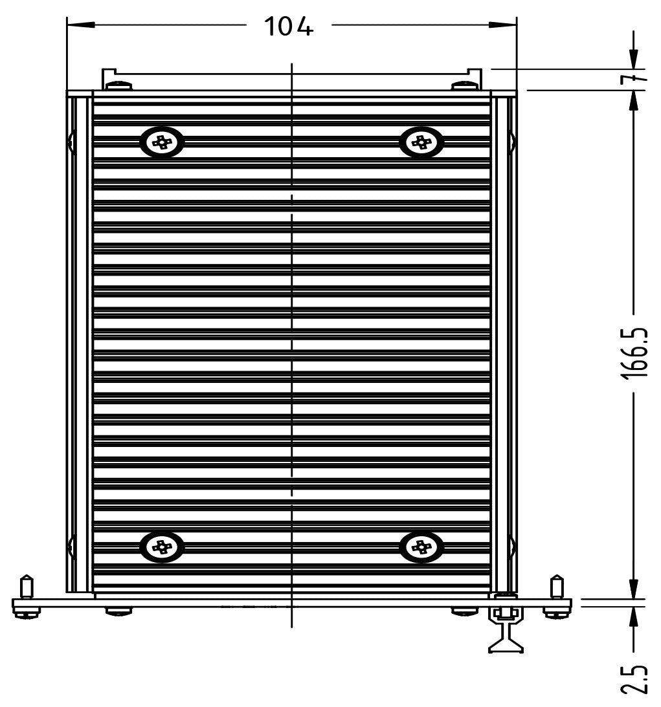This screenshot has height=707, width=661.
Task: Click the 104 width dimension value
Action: coord(289,27)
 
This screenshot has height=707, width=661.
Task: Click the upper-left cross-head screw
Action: coord(162,142)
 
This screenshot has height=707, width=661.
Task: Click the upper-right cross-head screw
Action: coord(422,142)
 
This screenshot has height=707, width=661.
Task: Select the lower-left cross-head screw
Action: coord(162,547)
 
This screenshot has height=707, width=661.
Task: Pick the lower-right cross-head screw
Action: coord(422,547)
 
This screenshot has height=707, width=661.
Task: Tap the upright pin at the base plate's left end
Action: coord(26,586)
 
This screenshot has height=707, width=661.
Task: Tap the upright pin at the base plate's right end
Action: coord(556,586)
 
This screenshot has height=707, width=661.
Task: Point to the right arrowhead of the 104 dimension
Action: coord(505,26)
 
